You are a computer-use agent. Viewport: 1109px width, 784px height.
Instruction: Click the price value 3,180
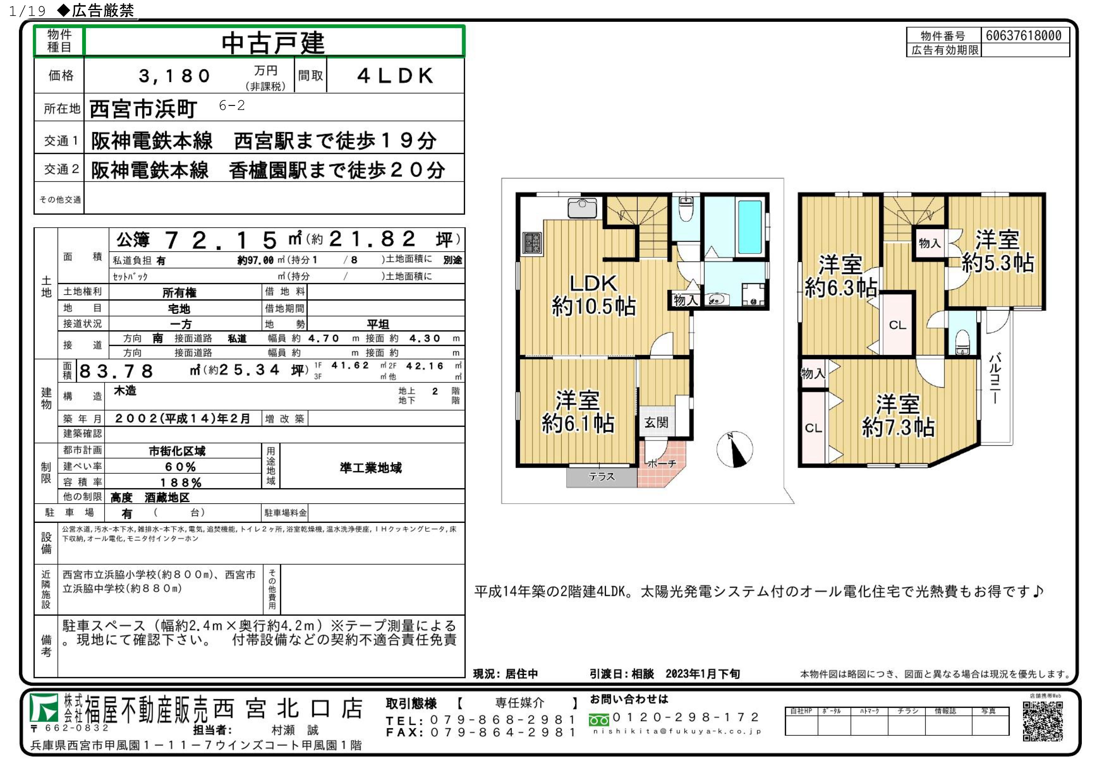click(175, 76)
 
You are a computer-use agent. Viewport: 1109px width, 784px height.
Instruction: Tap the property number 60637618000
click(1024, 35)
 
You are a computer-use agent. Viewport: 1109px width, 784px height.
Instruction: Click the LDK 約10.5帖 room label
click(594, 295)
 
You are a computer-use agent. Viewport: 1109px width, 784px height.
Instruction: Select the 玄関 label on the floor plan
click(656, 423)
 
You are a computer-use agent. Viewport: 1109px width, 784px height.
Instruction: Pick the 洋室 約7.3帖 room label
click(898, 415)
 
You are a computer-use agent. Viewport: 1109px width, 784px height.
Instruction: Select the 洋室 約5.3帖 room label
click(997, 251)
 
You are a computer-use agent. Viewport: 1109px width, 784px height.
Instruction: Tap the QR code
click(1043, 721)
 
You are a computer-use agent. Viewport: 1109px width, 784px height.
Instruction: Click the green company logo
click(45, 708)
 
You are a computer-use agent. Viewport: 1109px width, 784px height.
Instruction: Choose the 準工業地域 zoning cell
click(371, 468)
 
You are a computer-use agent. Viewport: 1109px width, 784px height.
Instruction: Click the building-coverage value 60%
click(181, 467)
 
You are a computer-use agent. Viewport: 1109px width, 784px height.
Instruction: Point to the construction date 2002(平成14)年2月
click(183, 418)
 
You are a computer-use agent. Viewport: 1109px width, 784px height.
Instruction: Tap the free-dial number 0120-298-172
click(686, 717)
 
